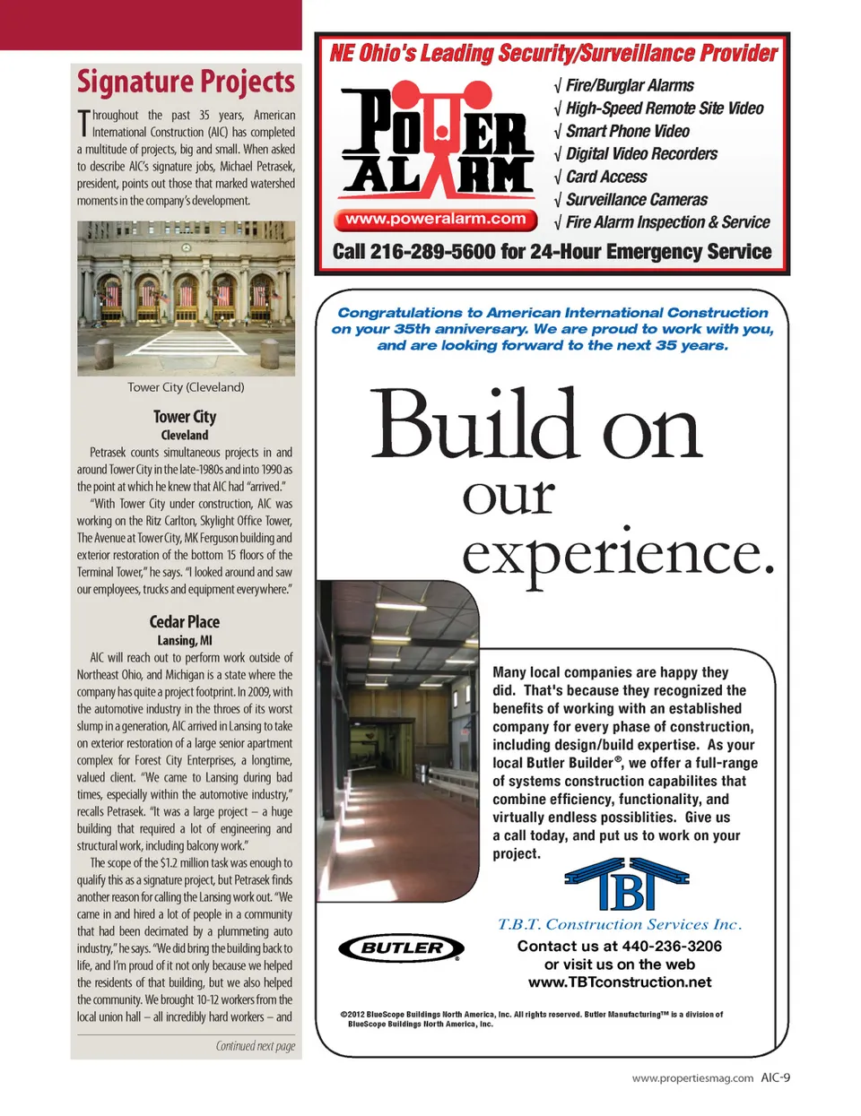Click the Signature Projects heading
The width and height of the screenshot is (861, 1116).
click(186, 82)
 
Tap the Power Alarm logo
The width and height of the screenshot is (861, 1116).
click(436, 140)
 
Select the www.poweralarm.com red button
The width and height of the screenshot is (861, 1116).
click(435, 219)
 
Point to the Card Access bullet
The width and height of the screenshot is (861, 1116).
click(605, 177)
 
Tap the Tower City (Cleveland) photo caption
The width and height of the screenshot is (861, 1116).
click(186, 387)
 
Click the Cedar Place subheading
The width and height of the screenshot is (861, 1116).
click(185, 621)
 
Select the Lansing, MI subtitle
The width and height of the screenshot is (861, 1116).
click(185, 640)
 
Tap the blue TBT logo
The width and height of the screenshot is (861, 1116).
click(626, 885)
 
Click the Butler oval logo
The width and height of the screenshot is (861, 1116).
click(401, 947)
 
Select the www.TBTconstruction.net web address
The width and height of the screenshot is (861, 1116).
click(620, 982)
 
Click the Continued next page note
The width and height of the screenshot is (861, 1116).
click(255, 1046)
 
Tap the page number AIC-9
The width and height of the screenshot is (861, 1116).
click(776, 1078)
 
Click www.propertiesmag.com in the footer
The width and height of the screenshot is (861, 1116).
click(692, 1078)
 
